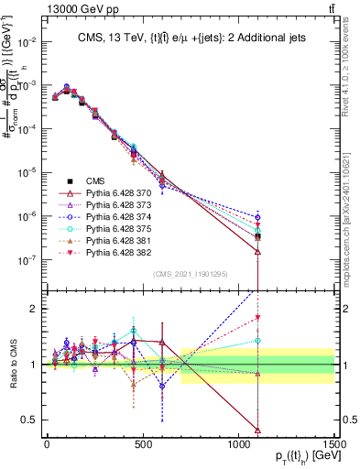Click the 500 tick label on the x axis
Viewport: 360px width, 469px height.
(x=143, y=444)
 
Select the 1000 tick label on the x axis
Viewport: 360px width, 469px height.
(x=237, y=444)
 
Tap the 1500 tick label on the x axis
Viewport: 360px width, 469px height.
(x=333, y=444)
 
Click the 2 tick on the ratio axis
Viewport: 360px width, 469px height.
(x=37, y=309)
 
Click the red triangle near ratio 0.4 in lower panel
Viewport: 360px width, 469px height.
(x=258, y=430)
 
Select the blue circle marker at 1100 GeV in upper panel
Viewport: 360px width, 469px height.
(x=258, y=217)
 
